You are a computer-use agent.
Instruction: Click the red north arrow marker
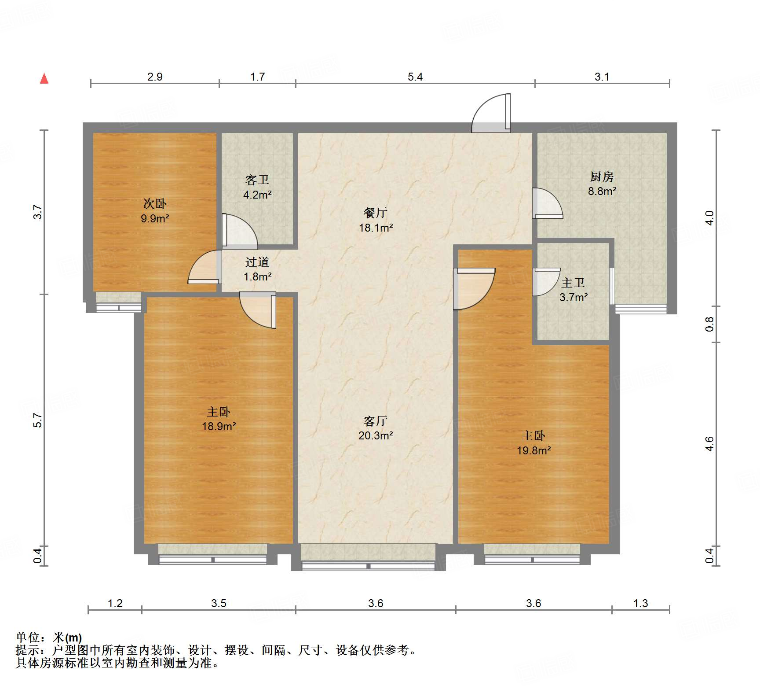(44, 79)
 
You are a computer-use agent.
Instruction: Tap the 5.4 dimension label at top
(415, 77)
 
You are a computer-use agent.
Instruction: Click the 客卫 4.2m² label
(257, 187)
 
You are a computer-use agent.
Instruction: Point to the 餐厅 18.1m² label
(376, 220)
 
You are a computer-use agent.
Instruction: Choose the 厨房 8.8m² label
(602, 184)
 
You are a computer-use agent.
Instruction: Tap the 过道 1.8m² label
(257, 269)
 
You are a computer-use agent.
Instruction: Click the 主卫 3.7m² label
(574, 290)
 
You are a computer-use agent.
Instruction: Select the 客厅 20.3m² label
(376, 428)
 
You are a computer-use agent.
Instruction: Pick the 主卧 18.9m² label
(219, 419)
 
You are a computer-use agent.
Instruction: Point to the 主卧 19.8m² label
(533, 443)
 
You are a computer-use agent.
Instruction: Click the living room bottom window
(368, 565)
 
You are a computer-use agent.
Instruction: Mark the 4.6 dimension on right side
(709, 444)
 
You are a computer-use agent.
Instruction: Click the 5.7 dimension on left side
(38, 420)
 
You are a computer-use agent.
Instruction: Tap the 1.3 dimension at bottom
(640, 603)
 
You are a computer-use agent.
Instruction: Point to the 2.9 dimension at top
(155, 77)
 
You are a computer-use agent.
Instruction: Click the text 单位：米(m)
(49, 637)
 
